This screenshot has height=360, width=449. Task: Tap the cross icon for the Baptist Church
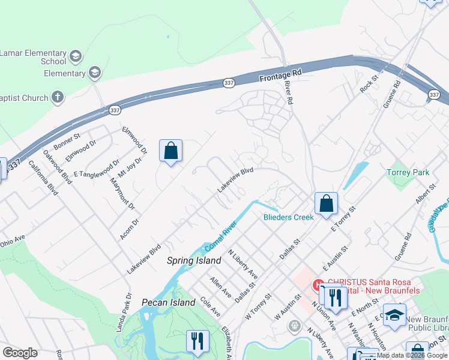pos(58,97)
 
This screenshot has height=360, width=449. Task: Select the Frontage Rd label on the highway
pos(280,74)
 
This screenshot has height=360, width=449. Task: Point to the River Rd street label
pos(288,93)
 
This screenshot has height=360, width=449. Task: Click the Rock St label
pos(369,83)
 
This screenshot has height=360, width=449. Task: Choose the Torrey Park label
pos(408,172)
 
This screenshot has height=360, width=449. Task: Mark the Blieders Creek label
pos(288,217)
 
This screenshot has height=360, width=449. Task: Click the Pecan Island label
pos(169,302)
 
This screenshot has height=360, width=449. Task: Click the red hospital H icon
pos(318,284)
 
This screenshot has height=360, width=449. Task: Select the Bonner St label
pos(66,142)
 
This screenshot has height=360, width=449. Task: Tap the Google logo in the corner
pos(20,353)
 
